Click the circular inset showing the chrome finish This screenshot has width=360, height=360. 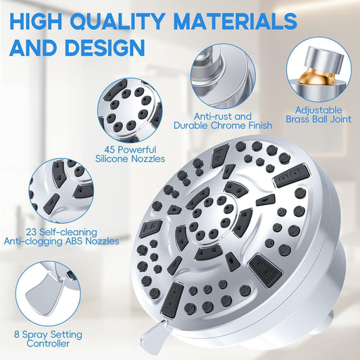point(222,71)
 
